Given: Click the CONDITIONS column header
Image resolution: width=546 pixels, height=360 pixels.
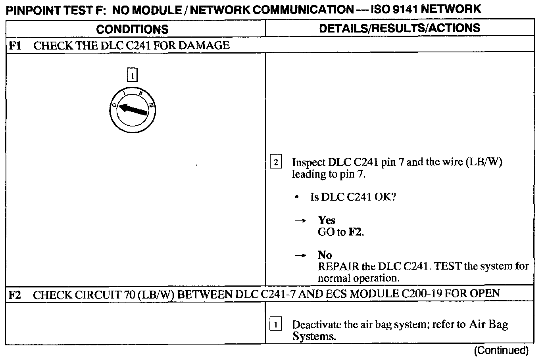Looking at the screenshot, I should (x=132, y=29).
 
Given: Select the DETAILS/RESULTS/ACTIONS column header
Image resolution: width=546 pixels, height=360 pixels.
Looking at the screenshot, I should (x=400, y=28).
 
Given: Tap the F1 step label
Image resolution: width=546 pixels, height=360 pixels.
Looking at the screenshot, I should (x=15, y=45).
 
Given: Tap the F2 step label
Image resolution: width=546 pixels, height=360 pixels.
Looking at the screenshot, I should (x=15, y=295).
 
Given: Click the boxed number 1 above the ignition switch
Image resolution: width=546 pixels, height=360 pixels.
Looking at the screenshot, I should (x=132, y=75).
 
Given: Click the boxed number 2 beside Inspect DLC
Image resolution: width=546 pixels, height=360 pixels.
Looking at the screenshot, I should (x=276, y=162).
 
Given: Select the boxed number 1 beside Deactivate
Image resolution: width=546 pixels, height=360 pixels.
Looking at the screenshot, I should (x=276, y=325).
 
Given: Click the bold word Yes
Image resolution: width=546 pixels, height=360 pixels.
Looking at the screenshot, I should (x=327, y=220).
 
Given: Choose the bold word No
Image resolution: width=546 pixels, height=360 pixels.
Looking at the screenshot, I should (x=325, y=255).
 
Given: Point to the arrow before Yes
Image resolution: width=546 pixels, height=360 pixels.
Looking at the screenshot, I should (x=300, y=221).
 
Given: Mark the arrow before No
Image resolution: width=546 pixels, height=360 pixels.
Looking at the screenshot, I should (x=300, y=256).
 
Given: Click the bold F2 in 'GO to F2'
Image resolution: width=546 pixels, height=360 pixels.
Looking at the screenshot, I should (x=356, y=232).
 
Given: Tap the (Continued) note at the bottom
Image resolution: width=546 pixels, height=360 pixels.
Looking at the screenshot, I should (x=502, y=350).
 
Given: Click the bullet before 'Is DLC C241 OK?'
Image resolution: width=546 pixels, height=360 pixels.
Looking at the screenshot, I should (x=297, y=197).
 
